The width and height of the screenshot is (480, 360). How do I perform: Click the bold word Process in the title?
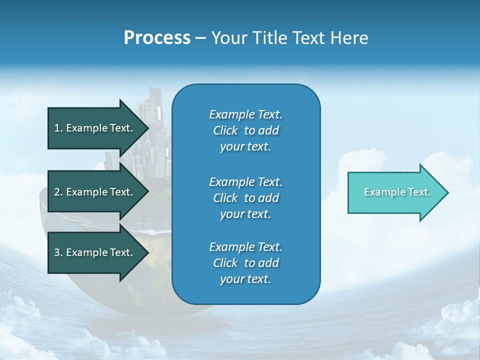tap(157, 38)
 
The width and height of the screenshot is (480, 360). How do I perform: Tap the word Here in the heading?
tap(349, 38)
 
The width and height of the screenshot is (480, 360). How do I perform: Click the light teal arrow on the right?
tap(395, 192)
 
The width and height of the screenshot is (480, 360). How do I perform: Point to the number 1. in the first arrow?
tap(58, 128)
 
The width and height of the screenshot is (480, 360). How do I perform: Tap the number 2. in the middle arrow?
tap(58, 192)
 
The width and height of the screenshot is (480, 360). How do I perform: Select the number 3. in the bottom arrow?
tap(58, 252)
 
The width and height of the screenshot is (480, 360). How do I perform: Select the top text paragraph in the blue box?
tap(245, 130)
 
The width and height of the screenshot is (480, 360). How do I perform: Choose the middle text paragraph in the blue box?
tap(245, 198)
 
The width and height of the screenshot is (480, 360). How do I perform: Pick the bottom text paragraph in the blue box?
tap(245, 263)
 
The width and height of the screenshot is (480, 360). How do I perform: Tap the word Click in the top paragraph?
tap(225, 130)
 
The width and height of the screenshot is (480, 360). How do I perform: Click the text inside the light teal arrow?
tap(397, 192)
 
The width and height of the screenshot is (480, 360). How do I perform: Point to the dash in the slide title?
tap(200, 38)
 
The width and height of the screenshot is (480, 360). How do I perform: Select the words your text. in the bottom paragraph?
tap(245, 279)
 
